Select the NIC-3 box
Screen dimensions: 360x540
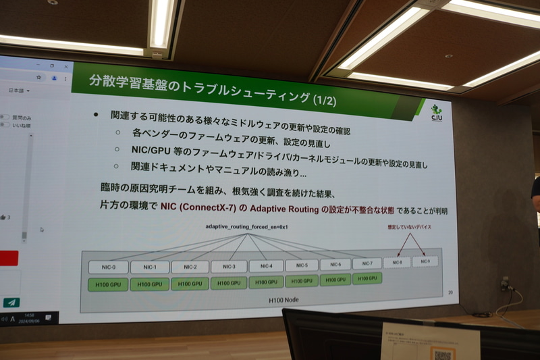229,266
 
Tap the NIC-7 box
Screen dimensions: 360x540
367,263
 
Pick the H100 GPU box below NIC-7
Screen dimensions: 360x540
367,278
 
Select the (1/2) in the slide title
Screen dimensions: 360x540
325,101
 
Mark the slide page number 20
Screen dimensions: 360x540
451,292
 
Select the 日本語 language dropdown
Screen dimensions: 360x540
18,90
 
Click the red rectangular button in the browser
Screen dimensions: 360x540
8,258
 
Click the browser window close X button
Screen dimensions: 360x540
66,66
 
